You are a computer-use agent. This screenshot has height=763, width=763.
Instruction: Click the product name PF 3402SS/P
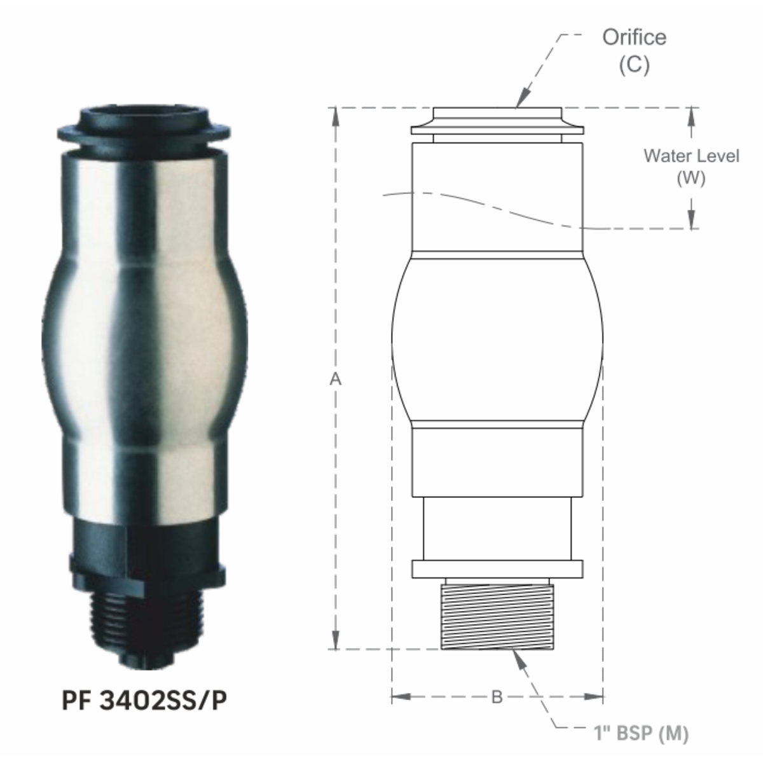[144, 701]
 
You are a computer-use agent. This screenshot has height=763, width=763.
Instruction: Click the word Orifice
[635, 38]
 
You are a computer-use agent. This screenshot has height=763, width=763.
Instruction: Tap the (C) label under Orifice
[635, 64]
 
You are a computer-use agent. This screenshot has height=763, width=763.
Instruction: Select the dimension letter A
[335, 380]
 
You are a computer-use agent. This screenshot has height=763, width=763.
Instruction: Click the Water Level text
[691, 156]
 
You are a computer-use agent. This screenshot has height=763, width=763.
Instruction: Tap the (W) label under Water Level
[691, 179]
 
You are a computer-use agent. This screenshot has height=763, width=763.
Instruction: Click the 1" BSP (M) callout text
[641, 733]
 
